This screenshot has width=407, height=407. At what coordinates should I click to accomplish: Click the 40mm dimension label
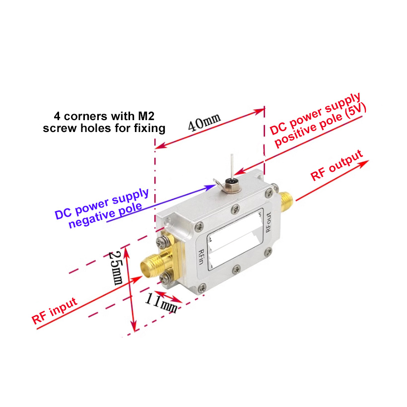[204, 122]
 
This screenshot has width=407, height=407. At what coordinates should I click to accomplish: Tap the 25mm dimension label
[116, 268]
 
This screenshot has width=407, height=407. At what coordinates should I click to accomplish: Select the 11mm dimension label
[161, 303]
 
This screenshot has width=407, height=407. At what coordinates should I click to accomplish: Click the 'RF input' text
[55, 310]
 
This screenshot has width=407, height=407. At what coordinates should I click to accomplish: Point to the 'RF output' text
[337, 165]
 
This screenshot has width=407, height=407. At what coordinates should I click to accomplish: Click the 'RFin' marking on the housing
[201, 257]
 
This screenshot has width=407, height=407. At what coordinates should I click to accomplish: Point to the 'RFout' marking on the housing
[269, 222]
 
